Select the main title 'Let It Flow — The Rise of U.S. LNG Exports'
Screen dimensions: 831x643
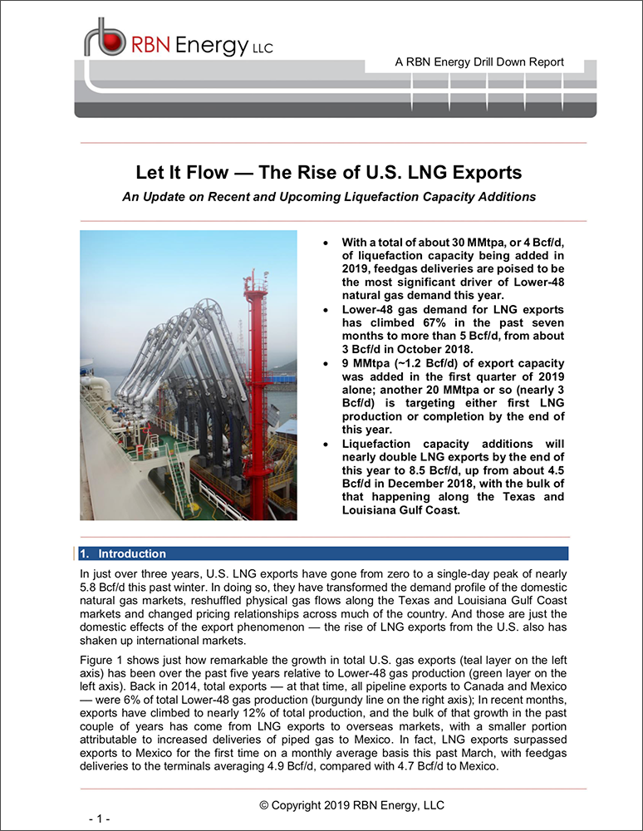[329, 173]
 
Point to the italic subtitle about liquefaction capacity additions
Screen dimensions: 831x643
[328, 197]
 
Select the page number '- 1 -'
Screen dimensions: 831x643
[100, 819]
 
